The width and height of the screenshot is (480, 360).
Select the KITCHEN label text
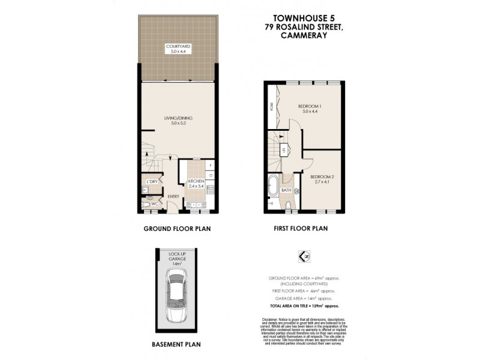click(196, 181)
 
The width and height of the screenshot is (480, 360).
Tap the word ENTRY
click(173, 196)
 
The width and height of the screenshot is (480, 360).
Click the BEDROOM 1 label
click(310, 107)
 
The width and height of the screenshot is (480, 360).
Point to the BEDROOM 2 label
click(322, 178)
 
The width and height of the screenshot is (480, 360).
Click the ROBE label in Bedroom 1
click(272, 107)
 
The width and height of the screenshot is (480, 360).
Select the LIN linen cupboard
click(283, 151)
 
